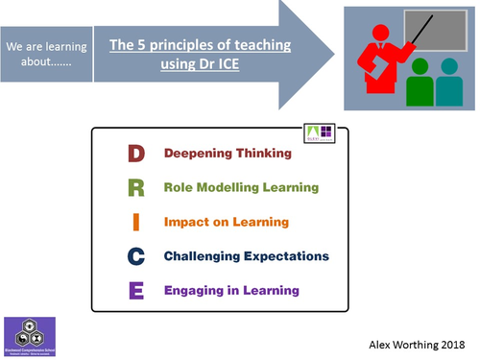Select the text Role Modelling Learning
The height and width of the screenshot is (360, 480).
[241, 187]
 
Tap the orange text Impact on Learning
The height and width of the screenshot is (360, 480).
[226, 222]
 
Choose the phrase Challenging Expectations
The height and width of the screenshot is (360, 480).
[247, 256]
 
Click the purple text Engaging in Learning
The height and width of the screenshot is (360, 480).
[231, 290]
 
